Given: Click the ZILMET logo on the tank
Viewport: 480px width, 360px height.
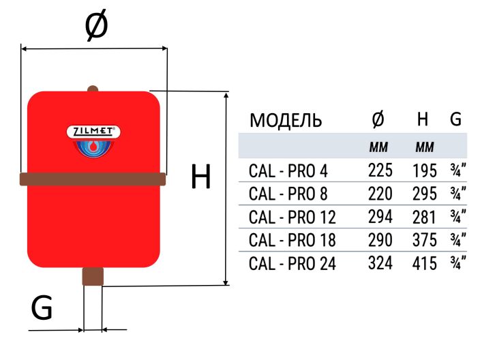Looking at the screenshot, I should point(93,132).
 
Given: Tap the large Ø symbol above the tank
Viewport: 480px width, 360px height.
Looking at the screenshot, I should point(95,27).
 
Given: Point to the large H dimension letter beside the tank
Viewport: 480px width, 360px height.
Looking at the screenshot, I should point(200,178).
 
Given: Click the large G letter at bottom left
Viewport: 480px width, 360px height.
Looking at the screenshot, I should point(42,310).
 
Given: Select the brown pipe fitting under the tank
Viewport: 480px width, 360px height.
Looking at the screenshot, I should point(93,276).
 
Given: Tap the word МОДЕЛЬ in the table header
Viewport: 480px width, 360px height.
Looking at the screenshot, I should point(286,121).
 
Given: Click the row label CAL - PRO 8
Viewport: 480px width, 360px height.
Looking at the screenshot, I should point(288,194).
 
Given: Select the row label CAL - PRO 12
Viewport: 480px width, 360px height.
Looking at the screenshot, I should point(292,217).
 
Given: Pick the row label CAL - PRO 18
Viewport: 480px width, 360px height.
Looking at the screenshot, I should point(292,240).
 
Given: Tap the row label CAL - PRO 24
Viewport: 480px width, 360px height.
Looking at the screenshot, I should point(292,263).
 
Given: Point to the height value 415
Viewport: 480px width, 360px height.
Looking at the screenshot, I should point(424,263).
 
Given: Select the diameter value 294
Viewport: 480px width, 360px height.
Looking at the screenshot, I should point(380,217).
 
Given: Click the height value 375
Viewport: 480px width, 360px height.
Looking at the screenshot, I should point(424,240).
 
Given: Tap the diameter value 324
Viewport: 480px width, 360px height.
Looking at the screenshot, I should point(380,263).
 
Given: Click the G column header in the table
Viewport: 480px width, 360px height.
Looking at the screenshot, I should point(455,120).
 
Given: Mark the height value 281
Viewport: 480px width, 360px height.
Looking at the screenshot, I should point(424,217).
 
